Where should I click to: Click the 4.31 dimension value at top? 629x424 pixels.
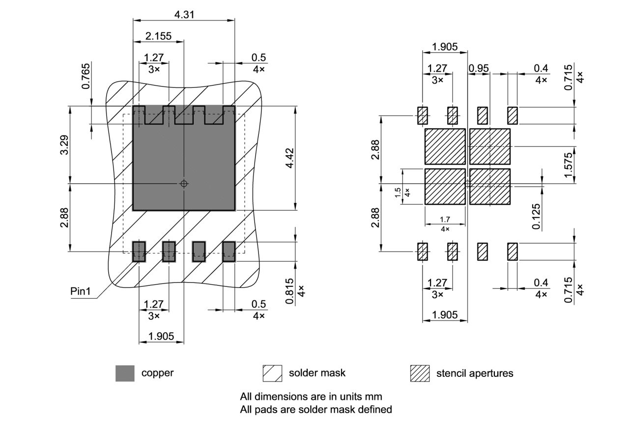(184, 14)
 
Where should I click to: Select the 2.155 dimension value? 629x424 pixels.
(158, 36)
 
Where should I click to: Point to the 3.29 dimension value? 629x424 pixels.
(64, 144)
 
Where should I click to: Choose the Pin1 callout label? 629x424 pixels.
(81, 291)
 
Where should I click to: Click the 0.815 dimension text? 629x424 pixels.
(290, 291)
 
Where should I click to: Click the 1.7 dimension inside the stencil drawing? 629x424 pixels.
(445, 220)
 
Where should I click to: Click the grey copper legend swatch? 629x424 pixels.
(125, 373)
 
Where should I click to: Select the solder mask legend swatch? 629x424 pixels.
(272, 373)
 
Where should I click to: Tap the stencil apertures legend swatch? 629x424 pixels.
(420, 373)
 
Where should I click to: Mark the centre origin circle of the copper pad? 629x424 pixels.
(184, 184)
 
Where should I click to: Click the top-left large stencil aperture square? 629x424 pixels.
(445, 146)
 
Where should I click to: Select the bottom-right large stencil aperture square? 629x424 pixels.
(490, 187)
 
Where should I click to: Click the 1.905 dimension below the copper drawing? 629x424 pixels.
(161, 337)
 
